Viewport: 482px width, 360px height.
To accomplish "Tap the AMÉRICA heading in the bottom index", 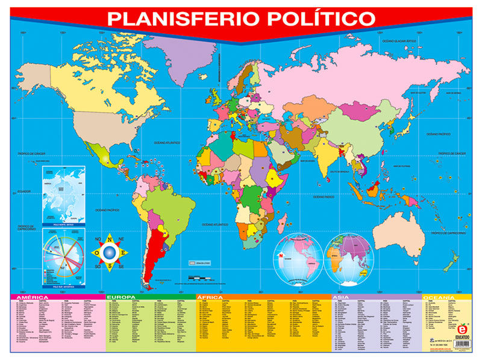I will point(36,297).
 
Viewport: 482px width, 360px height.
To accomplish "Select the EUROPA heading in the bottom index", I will point(123,297).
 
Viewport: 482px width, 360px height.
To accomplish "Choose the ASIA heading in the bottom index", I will point(341,297).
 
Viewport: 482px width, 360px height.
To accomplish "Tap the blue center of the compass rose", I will point(109,252).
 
